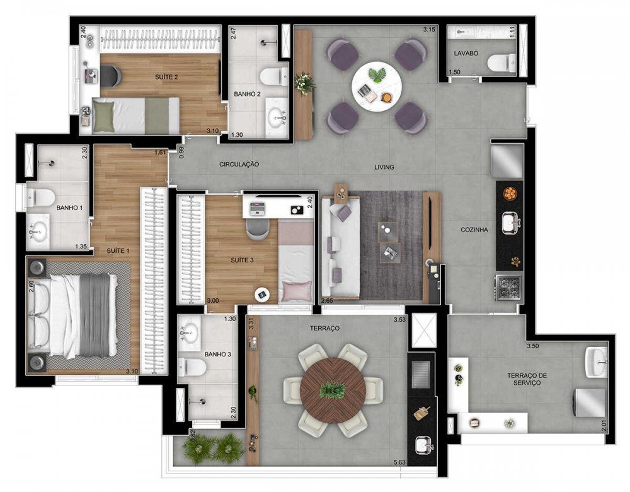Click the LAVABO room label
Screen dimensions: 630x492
tap(466, 53)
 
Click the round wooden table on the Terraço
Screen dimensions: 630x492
tap(333, 390)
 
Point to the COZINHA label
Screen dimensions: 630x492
tap(474, 230)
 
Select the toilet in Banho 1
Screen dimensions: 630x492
tap(40, 198)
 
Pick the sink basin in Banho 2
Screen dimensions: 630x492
tap(279, 117)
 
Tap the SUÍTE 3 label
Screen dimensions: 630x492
tap(242, 261)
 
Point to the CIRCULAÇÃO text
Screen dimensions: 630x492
tap(239, 164)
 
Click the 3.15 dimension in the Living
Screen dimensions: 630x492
tap(429, 30)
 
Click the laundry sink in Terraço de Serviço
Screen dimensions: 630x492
tap(596, 362)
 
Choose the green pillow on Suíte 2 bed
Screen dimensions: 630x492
tap(103, 115)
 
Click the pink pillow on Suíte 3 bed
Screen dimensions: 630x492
tap(297, 291)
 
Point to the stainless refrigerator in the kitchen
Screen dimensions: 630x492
tap(507, 161)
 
